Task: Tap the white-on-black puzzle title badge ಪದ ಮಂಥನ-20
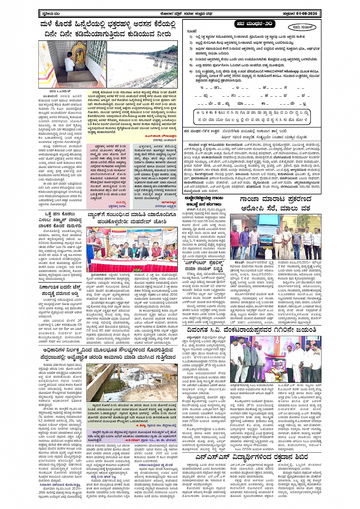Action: pyautogui.click(x=254, y=24)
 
